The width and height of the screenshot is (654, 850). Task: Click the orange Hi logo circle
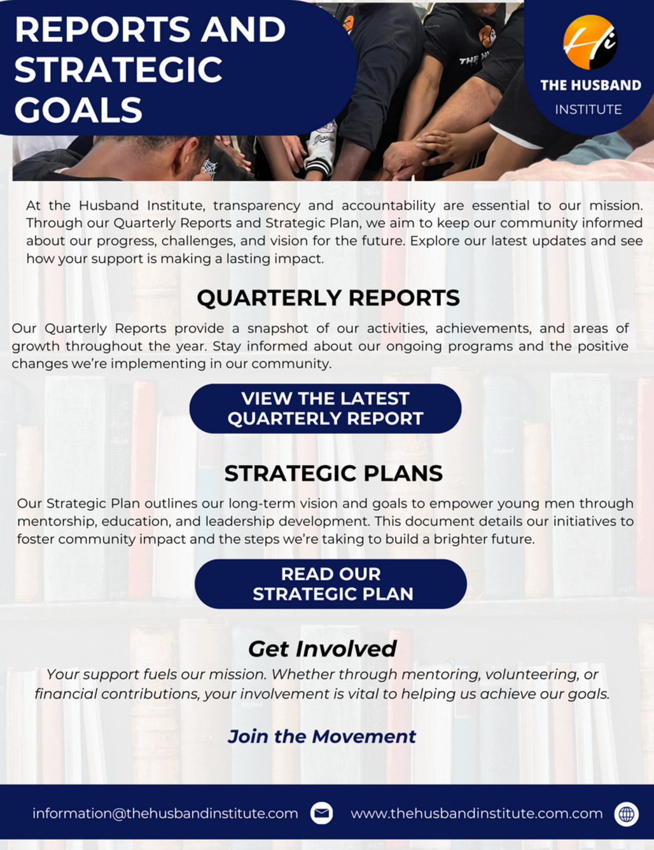590,42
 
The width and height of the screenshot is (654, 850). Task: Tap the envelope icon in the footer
321,813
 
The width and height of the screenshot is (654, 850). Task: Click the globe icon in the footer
626,814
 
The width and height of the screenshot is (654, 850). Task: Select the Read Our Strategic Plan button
331,584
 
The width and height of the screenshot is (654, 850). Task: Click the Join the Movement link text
321,737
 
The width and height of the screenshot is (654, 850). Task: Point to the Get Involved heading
323,649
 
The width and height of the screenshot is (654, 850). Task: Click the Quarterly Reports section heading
328,298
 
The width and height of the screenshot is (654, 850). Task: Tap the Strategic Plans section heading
333,473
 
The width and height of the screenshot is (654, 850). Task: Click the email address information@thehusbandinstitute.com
165,814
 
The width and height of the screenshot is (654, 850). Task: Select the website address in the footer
477,814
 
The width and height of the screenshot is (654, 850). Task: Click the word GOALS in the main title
78,109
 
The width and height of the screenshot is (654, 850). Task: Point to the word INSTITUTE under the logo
588,109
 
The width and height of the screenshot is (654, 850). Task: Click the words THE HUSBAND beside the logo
590,85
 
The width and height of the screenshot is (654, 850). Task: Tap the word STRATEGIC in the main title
118,69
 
